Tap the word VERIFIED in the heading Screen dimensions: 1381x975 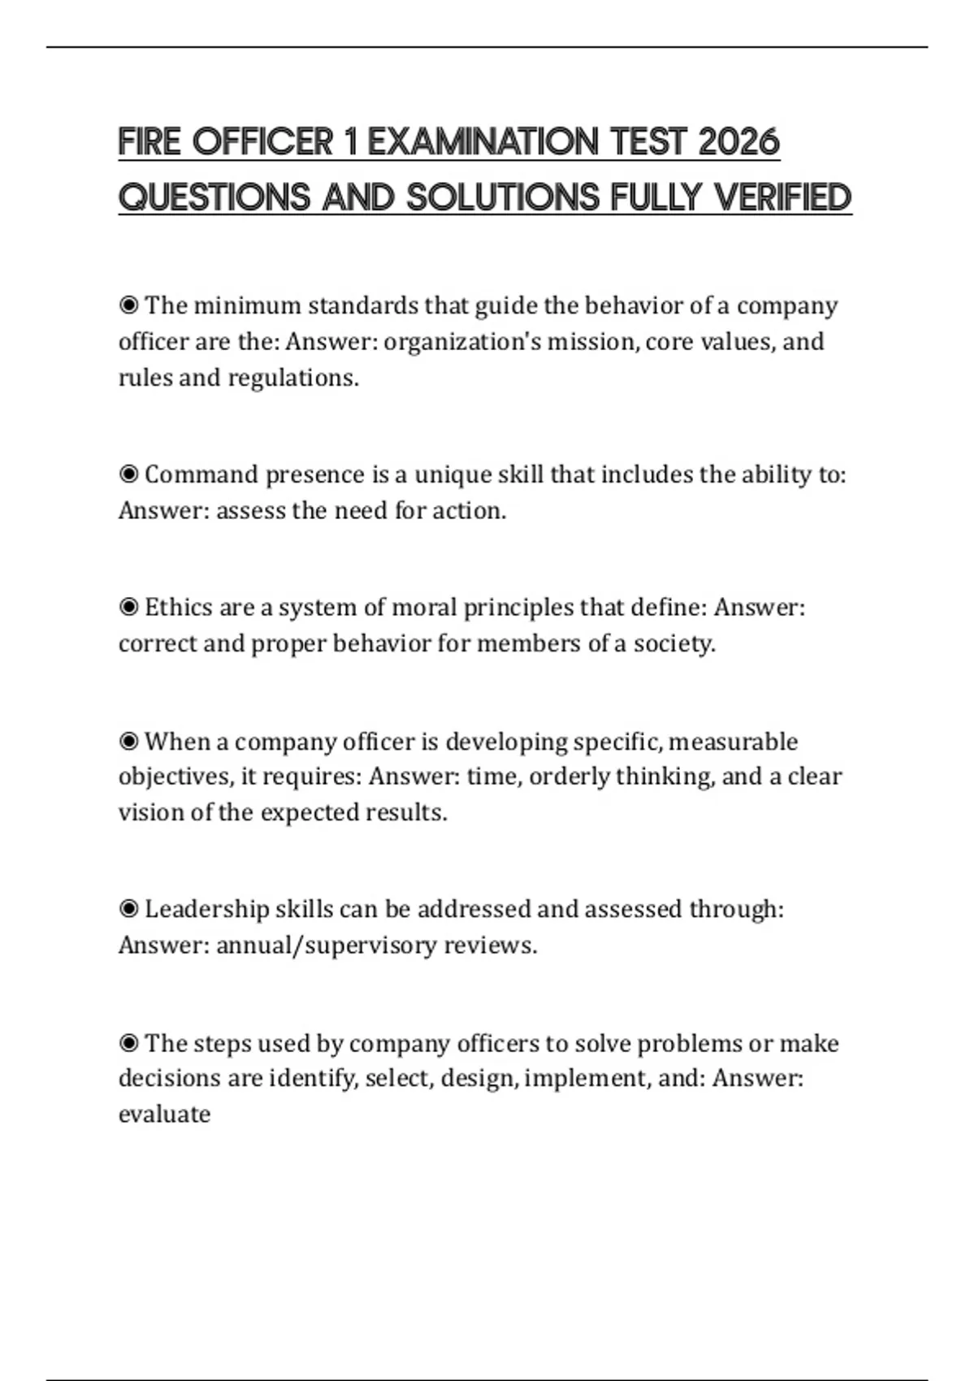coord(782,197)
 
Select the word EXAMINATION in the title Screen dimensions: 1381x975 coord(481,142)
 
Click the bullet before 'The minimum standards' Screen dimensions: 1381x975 coord(128,305)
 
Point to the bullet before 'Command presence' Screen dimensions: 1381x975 coord(128,474)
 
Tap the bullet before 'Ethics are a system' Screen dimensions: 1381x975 coord(128,608)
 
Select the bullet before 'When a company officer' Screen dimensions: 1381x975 coord(128,742)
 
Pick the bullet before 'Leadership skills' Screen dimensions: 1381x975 coord(128,909)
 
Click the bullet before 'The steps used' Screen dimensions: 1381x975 coord(128,1043)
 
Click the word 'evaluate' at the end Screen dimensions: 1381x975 coord(164,1114)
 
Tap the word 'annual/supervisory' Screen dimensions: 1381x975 coord(326,946)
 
